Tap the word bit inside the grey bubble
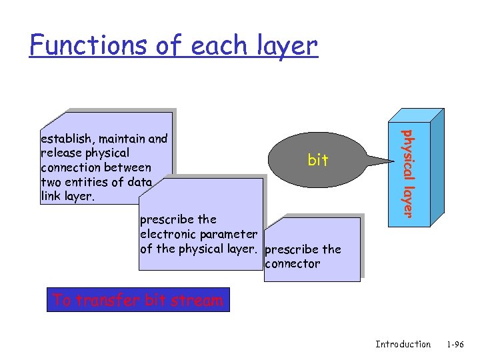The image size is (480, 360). (318, 160)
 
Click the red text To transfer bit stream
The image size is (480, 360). (137, 301)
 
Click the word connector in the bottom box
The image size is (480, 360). (292, 264)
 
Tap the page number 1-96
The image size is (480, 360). (455, 344)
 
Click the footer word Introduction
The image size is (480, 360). (403, 344)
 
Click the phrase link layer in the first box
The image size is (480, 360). (67, 197)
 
